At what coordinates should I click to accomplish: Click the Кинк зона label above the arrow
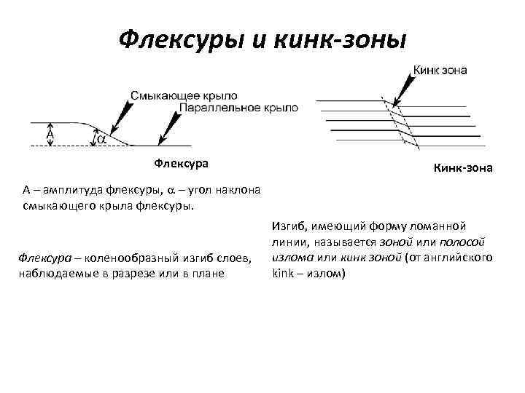tap(441, 71)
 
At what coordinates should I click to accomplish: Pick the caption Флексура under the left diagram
tap(176, 162)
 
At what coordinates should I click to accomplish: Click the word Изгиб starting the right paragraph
tap(287, 226)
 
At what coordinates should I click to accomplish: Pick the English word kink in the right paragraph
tap(282, 274)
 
